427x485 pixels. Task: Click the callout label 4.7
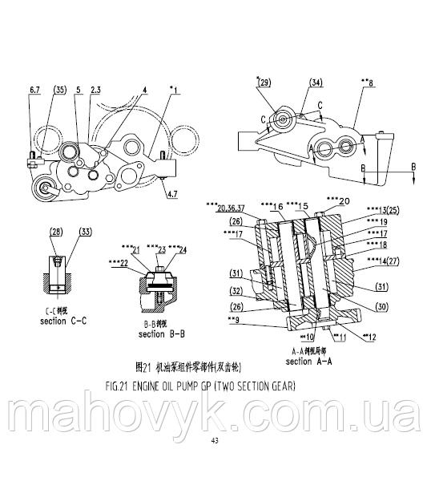pyautogui.click(x=171, y=193)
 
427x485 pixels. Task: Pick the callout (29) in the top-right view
pyautogui.click(x=263, y=82)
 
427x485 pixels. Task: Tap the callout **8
pyautogui.click(x=368, y=82)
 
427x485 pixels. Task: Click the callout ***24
pyautogui.click(x=187, y=249)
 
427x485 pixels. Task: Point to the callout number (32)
pyautogui.click(x=237, y=289)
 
